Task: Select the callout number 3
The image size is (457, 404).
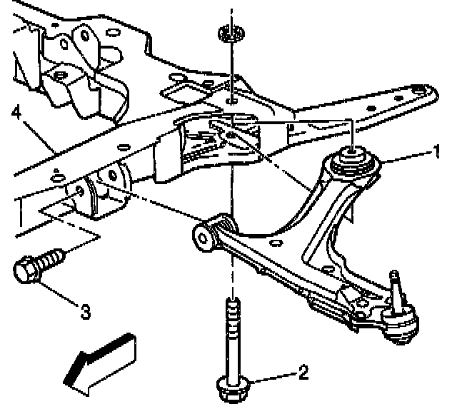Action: pyautogui.click(x=84, y=311)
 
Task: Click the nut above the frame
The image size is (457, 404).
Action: pyautogui.click(x=230, y=33)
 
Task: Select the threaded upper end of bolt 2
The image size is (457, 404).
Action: pyautogui.click(x=231, y=314)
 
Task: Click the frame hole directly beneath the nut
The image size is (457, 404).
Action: pyautogui.click(x=231, y=101)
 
